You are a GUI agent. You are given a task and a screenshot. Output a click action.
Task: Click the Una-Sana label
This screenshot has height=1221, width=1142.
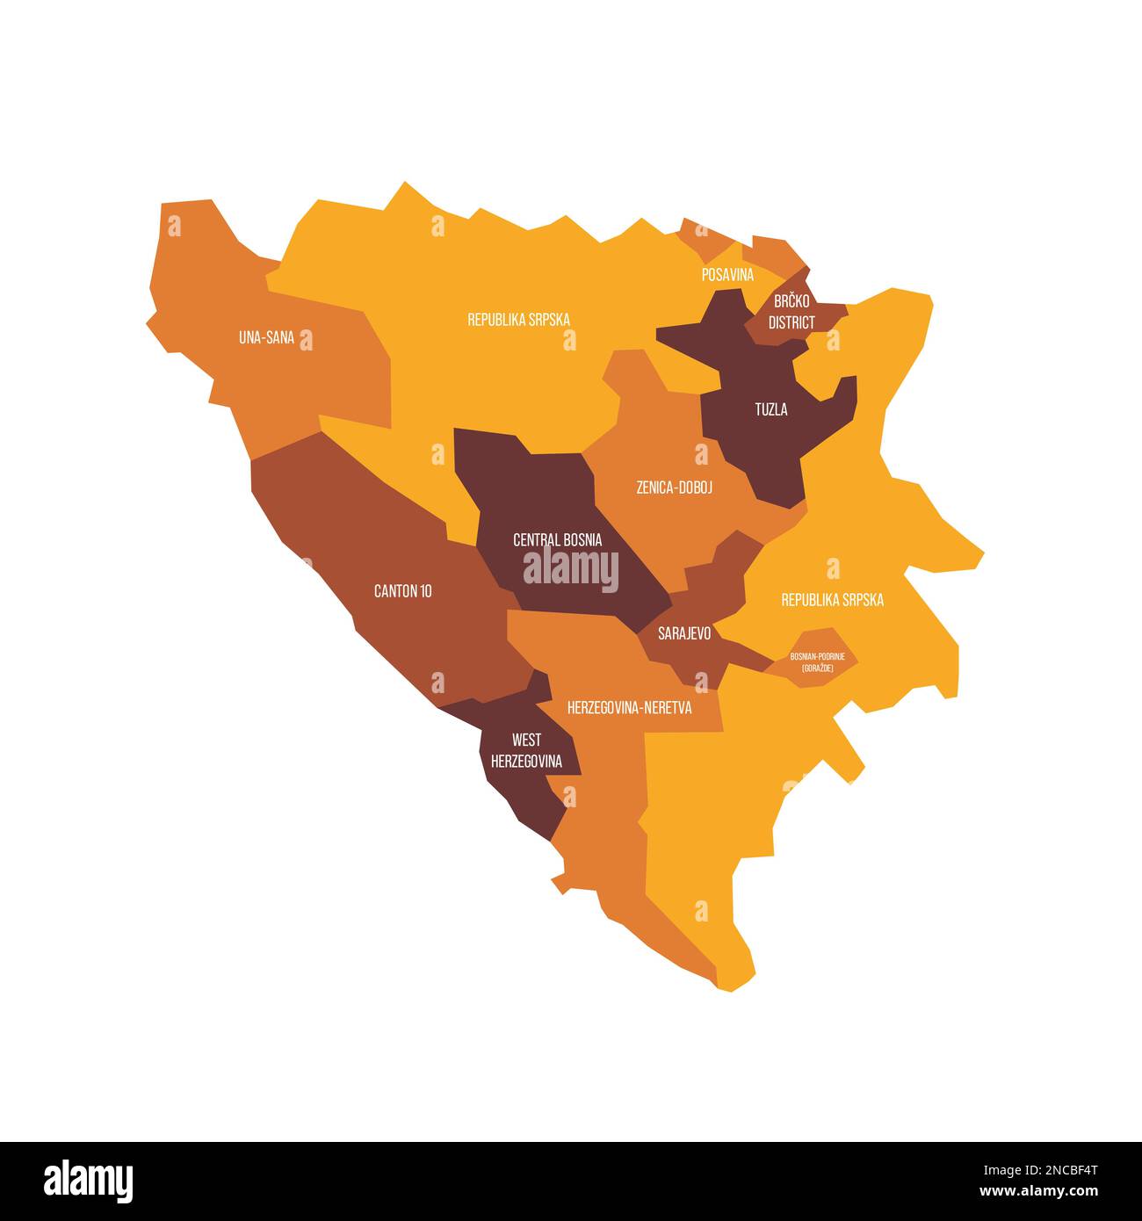coord(266,336)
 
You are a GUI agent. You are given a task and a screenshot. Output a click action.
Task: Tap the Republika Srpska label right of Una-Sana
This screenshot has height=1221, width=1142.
coord(518,320)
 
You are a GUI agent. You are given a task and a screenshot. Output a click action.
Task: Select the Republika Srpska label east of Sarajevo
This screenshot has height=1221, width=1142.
coord(832,600)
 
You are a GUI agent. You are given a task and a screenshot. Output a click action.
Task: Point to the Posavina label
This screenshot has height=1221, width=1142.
coord(727,275)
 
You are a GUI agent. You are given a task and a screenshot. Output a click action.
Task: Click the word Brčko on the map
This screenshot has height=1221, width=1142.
coord(791,301)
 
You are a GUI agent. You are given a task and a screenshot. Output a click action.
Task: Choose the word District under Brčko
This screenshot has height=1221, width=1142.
coord(791,322)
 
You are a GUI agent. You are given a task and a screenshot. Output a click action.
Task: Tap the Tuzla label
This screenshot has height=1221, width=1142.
coord(771,409)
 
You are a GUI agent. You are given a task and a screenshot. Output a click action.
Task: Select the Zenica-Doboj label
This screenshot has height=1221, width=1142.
coord(674,487)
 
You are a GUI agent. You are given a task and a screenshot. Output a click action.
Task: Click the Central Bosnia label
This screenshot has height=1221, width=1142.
coord(558,539)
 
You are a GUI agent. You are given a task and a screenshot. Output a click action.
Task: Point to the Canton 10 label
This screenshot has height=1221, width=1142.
coord(402,591)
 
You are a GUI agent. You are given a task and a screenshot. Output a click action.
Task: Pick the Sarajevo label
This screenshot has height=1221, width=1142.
coord(684,632)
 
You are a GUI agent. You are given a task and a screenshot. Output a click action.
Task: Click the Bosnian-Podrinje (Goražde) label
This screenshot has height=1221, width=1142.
coord(817,662)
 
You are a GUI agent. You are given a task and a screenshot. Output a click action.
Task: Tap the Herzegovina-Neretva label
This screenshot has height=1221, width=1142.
coord(629,707)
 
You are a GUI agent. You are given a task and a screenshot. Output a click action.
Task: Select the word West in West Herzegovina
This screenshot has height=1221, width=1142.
coord(526,741)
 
